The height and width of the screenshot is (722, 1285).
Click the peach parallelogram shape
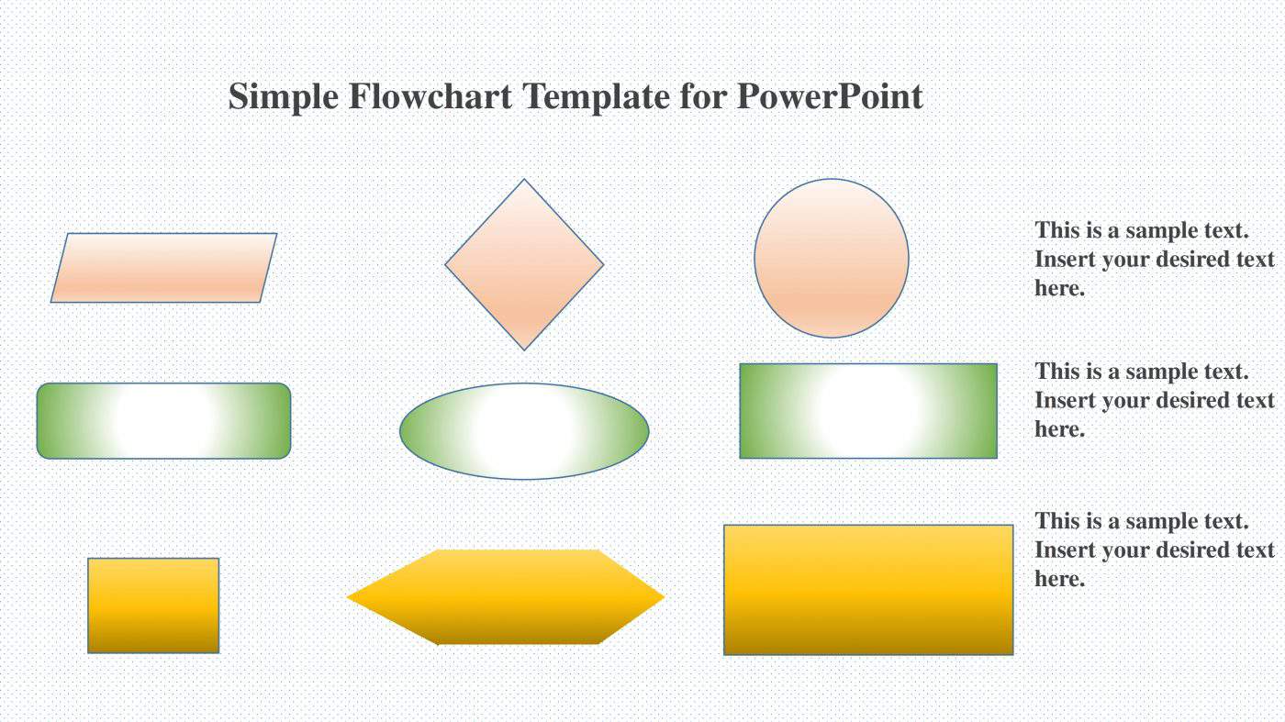(163, 268)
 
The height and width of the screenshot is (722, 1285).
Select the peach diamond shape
(524, 264)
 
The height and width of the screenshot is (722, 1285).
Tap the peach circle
(832, 258)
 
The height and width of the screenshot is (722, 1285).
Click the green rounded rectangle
(163, 420)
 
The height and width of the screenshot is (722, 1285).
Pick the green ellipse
(524, 431)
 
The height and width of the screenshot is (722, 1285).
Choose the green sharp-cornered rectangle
(868, 411)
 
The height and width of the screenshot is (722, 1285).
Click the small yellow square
(153, 605)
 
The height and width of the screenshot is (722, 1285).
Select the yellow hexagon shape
(506, 597)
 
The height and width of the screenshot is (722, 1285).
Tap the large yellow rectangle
(868, 590)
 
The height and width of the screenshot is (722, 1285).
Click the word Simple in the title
(284, 96)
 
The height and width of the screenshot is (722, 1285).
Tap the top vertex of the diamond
(524, 180)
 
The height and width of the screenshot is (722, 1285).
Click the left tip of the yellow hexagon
(349, 597)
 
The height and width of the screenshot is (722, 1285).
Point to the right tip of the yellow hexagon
(663, 597)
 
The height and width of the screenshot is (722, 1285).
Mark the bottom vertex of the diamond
(524, 349)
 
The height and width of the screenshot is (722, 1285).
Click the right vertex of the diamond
(602, 265)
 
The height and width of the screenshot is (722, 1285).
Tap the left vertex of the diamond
(446, 265)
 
